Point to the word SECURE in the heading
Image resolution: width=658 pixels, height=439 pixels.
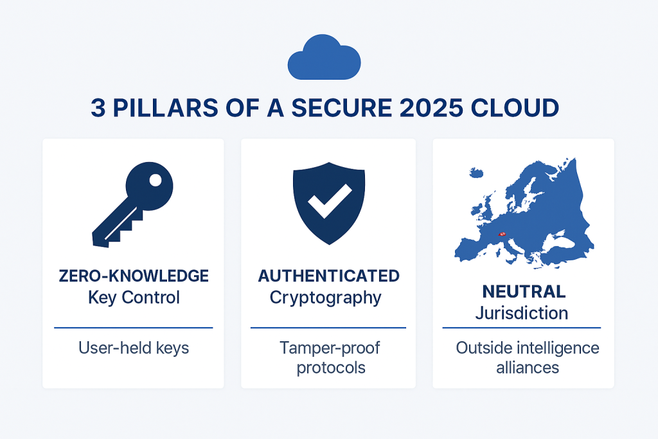click(x=339, y=108)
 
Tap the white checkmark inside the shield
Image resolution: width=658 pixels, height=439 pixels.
click(x=328, y=201)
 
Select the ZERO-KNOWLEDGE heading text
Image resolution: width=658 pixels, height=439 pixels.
click(x=134, y=276)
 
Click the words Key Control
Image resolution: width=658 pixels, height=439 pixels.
click(x=134, y=298)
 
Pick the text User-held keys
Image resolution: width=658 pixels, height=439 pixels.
click(x=134, y=348)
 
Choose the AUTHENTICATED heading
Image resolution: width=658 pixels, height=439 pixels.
click(x=328, y=276)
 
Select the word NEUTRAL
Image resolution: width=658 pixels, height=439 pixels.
click(x=524, y=292)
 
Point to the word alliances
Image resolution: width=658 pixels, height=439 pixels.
click(x=528, y=368)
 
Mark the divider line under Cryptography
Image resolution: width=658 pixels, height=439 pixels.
click(x=328, y=328)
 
